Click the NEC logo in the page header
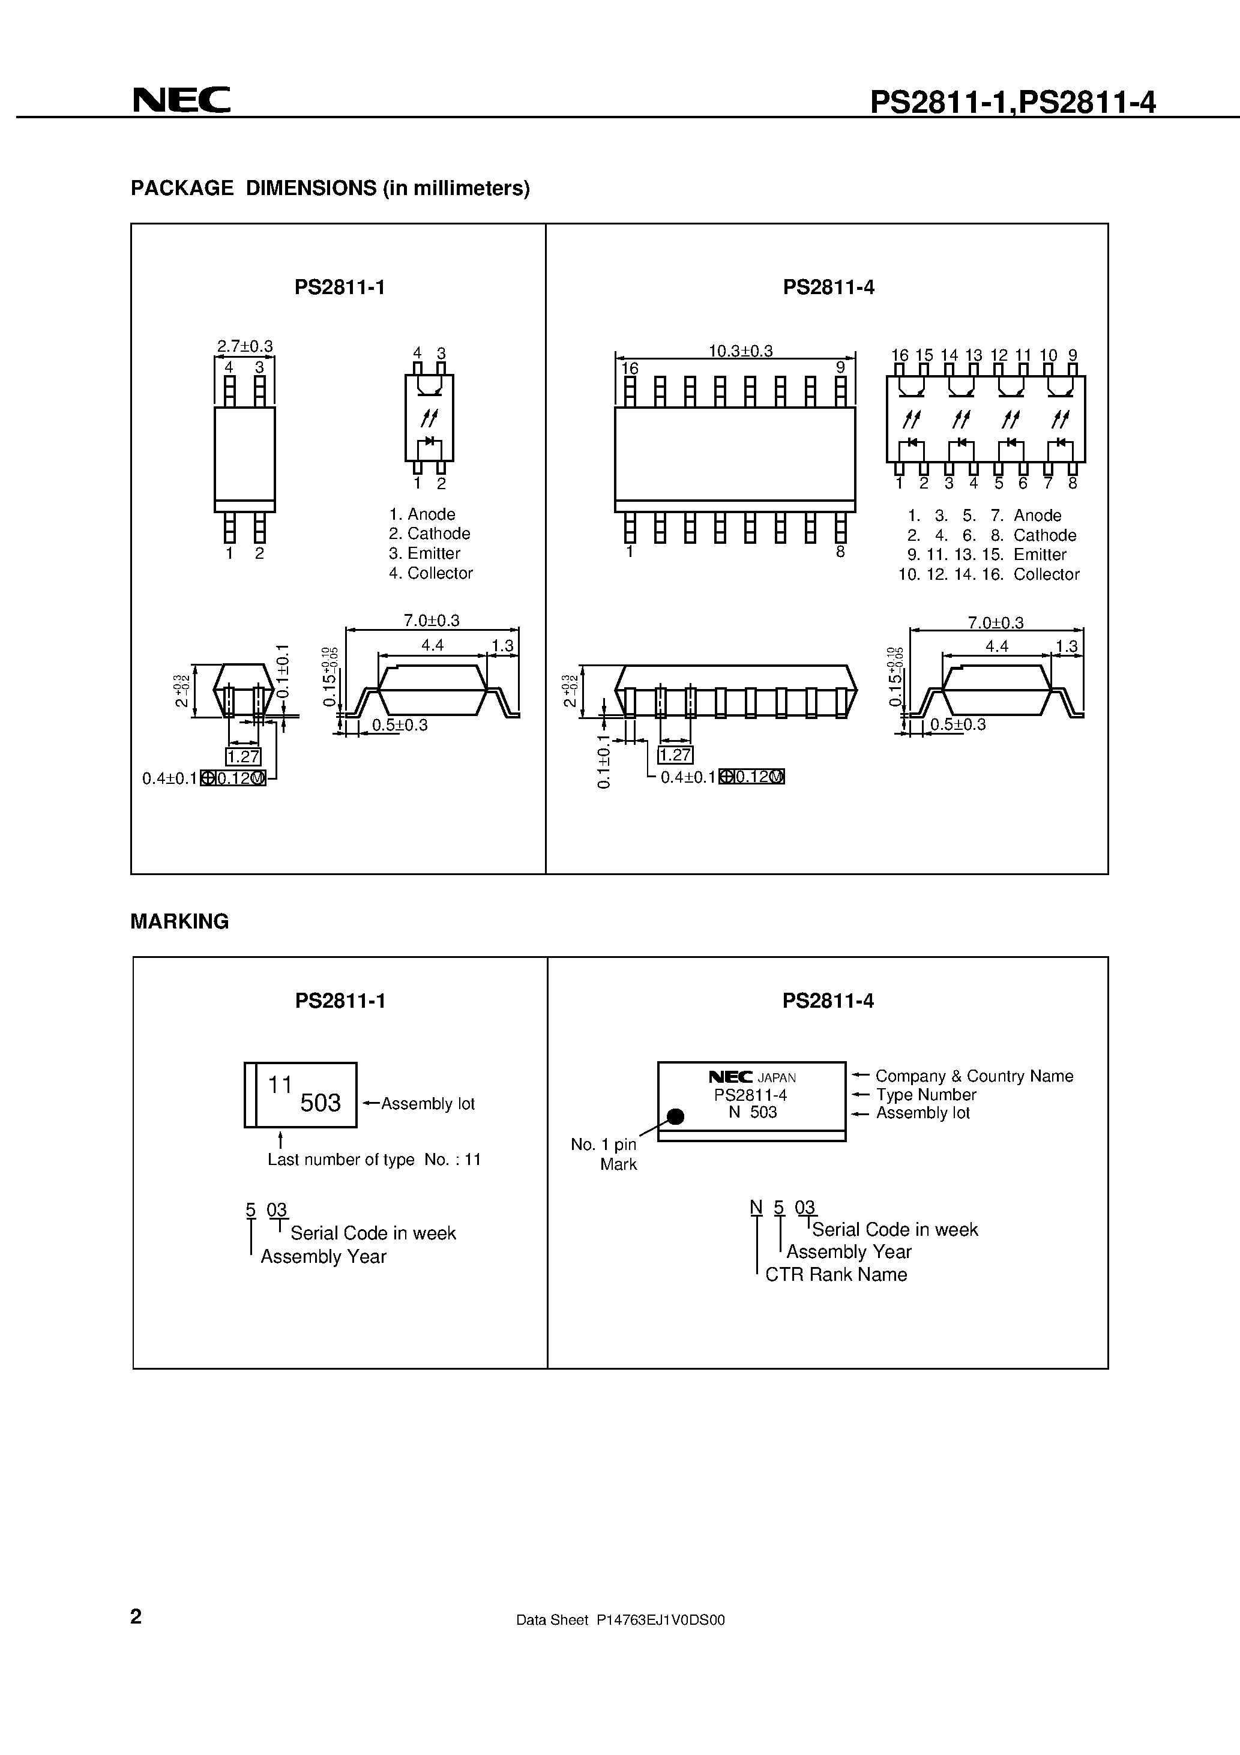181,100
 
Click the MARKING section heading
179,922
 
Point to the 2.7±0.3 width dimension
245,346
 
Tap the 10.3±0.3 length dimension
740,351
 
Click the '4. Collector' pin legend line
430,573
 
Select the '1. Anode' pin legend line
422,514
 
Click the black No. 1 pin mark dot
675,1117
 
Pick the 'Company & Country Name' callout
974,1076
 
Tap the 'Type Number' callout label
925,1095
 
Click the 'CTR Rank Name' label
835,1274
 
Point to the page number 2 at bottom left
136,1616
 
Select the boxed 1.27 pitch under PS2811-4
675,755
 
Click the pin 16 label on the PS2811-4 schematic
900,355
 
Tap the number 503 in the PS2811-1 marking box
321,1103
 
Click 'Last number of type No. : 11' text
374,1160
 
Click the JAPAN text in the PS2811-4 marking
777,1078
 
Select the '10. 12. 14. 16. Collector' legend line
989,575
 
